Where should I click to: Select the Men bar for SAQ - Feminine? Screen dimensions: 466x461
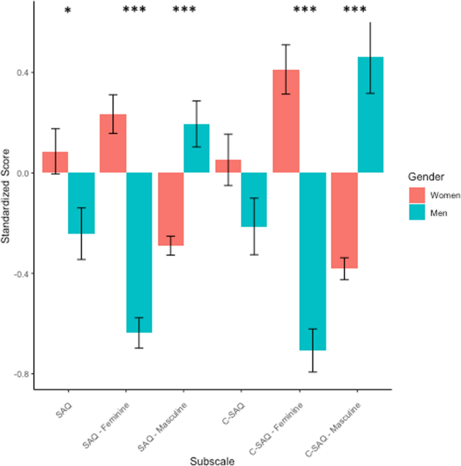tap(139, 253)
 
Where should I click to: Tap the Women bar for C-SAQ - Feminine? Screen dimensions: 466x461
tap(286, 121)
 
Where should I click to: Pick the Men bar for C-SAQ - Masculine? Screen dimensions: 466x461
tap(370, 115)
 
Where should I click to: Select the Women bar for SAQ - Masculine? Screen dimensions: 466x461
tap(170, 209)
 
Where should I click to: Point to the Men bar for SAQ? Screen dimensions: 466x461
tap(81, 203)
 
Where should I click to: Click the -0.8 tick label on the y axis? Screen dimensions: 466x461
tap(20, 374)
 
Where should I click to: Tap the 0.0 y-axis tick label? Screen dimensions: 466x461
tap(22, 173)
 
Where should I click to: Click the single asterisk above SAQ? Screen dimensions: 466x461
tap(67, 11)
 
